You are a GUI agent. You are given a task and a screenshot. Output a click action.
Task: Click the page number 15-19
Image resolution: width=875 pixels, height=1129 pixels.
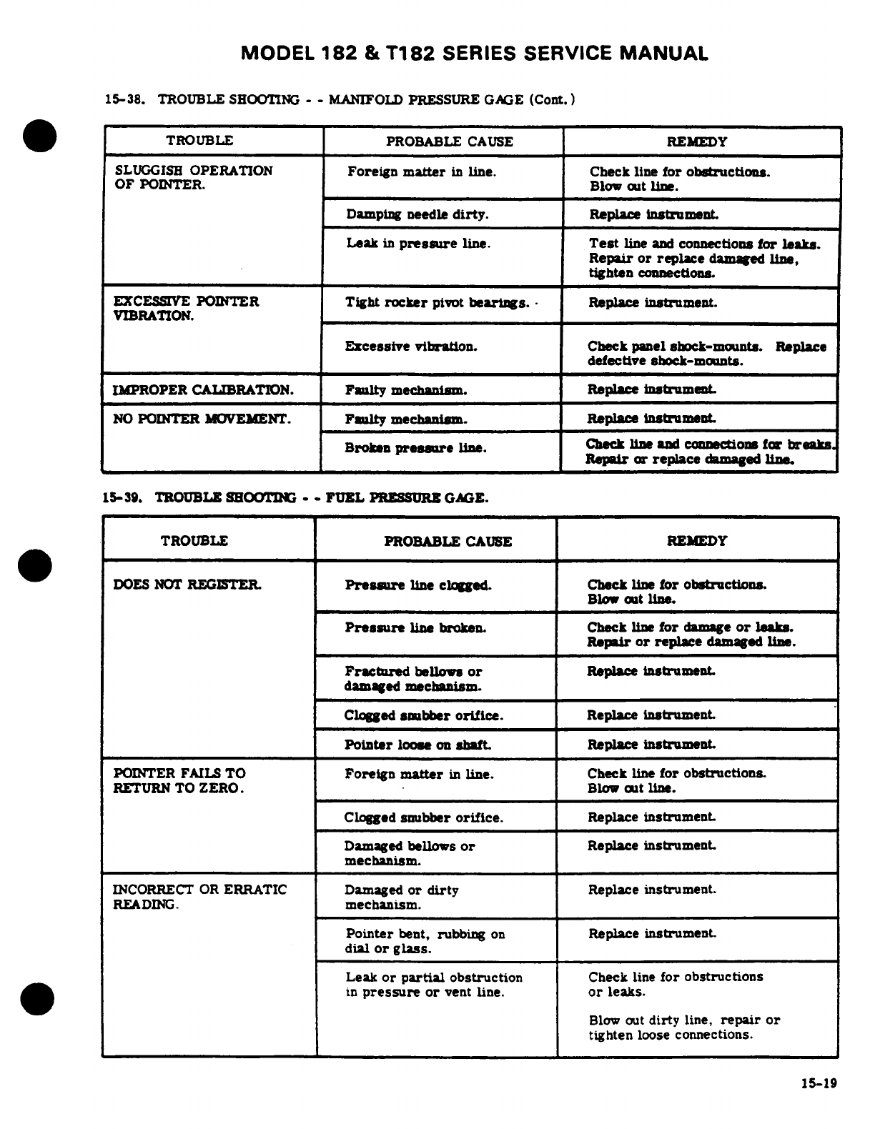819,1083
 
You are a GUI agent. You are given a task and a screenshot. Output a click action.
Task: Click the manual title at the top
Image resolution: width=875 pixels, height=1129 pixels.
475,54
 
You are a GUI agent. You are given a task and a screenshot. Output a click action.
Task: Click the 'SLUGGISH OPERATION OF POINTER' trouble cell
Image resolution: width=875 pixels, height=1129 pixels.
193,177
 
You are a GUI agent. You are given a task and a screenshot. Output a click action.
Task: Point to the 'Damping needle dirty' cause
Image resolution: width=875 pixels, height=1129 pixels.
417,214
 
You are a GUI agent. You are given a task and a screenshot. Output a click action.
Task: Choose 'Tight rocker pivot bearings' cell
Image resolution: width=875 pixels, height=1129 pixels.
437,303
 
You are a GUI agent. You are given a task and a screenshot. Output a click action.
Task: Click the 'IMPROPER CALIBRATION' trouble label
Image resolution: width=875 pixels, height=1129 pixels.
203,390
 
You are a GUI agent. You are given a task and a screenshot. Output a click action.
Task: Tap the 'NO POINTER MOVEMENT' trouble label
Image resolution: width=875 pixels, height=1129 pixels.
202,419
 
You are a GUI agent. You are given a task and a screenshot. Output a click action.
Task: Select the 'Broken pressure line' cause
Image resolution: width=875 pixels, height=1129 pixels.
415,449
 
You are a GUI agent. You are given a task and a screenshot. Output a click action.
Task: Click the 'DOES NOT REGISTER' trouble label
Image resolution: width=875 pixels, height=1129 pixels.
187,585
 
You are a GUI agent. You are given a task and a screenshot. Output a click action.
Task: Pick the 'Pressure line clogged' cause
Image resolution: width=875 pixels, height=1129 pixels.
417,585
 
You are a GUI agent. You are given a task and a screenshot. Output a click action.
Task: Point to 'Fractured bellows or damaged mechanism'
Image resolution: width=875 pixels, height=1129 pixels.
413,679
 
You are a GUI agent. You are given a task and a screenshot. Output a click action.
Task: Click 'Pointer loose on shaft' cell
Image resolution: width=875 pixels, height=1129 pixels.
417,745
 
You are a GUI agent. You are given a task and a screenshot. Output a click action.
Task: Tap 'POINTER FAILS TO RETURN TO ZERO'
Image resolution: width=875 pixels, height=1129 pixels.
179,780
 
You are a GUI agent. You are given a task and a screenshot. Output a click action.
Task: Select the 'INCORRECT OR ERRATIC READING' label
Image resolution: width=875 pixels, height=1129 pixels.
199,897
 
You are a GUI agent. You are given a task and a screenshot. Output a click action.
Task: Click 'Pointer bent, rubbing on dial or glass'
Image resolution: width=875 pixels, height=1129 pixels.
425,941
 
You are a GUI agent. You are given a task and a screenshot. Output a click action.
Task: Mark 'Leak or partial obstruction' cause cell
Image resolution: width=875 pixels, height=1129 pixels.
433,985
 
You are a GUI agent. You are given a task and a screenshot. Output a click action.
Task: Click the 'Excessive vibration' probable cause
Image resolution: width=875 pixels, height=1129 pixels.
411,347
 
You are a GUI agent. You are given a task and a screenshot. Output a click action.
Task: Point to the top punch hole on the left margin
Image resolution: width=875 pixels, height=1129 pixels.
38,136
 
